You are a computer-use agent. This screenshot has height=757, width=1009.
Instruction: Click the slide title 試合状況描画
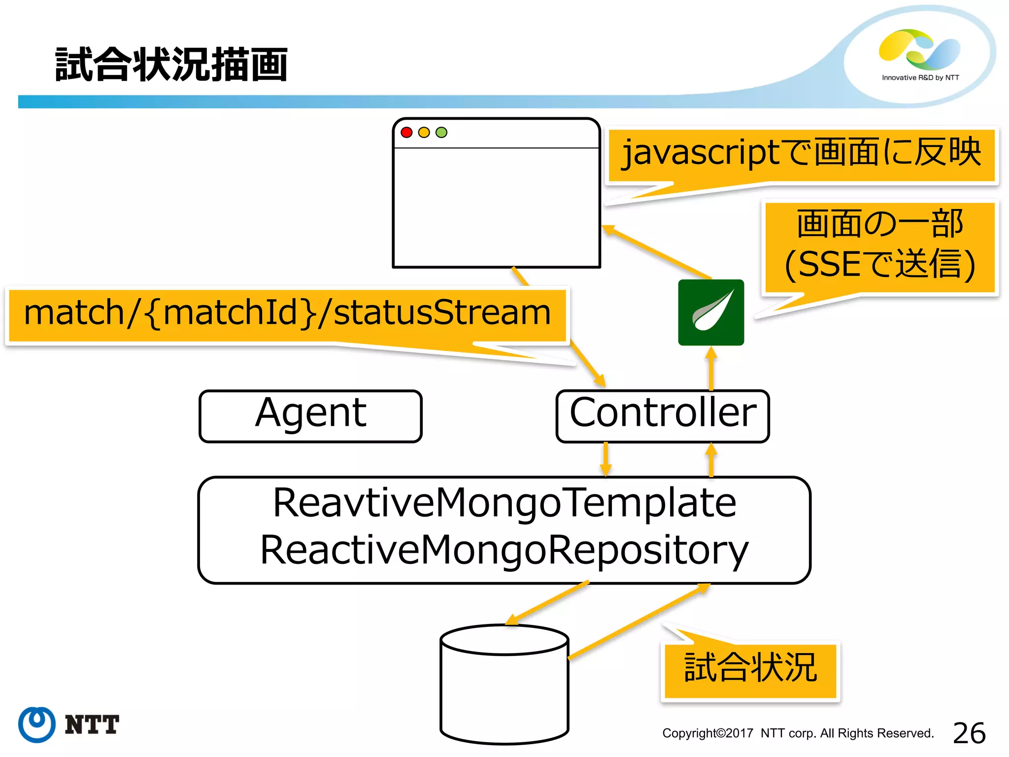click(x=171, y=65)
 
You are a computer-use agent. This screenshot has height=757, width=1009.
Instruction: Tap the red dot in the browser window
click(x=406, y=132)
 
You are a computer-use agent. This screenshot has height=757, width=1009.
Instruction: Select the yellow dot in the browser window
click(x=424, y=132)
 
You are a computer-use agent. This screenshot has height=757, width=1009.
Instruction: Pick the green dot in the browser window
click(x=441, y=132)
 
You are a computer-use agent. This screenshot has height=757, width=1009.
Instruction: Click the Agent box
click(x=310, y=416)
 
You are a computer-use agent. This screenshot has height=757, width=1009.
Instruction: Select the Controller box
click(x=662, y=416)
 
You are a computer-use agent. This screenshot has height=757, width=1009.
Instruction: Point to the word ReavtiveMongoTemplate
click(x=504, y=503)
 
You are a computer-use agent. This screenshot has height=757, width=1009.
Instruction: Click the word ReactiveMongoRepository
click(x=504, y=550)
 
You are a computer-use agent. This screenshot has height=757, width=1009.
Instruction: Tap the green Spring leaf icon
click(x=711, y=312)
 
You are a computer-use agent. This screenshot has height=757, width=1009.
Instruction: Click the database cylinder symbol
click(x=504, y=685)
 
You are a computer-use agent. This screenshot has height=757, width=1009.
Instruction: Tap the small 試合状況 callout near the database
click(x=750, y=669)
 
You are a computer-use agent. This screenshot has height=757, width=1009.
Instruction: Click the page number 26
click(x=969, y=733)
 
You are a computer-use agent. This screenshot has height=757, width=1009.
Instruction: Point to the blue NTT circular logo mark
click(x=37, y=724)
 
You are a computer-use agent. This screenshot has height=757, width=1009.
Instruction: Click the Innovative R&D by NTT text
click(x=920, y=78)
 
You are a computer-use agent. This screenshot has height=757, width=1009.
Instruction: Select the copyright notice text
click(x=798, y=733)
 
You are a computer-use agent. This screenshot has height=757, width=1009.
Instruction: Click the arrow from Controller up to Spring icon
click(x=711, y=369)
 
